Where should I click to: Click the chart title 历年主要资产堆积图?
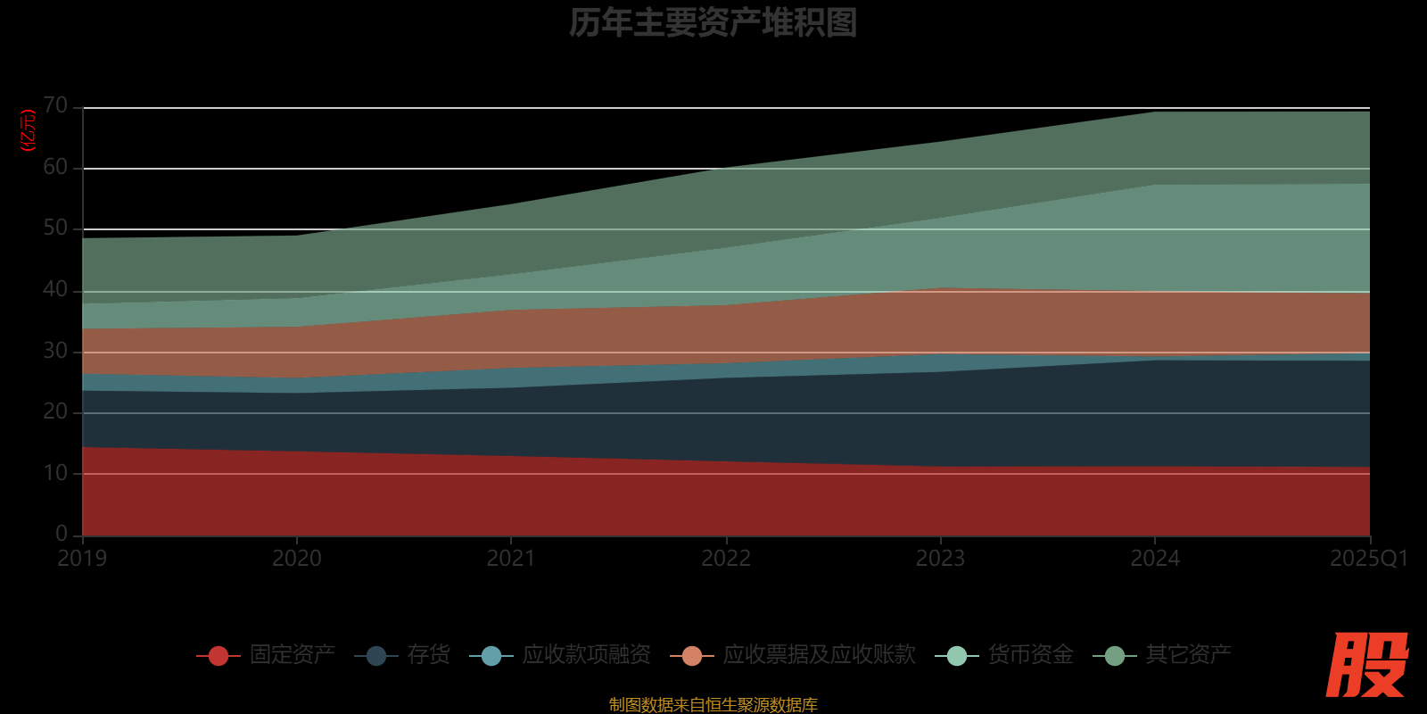713,23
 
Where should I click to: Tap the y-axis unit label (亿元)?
29,130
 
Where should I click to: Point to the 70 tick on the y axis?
55,106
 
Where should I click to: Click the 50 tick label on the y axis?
55,228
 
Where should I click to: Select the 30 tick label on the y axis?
55,351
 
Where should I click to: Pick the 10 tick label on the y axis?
55,473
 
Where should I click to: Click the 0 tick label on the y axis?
61,534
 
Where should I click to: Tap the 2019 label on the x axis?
82,559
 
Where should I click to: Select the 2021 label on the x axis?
511,559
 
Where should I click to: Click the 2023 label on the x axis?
940,559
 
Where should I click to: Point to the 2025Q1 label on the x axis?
1368,559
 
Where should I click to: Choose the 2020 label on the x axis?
297,559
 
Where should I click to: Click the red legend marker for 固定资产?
219,656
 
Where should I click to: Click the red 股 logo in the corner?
1366,665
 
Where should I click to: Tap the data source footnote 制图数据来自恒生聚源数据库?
713,705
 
